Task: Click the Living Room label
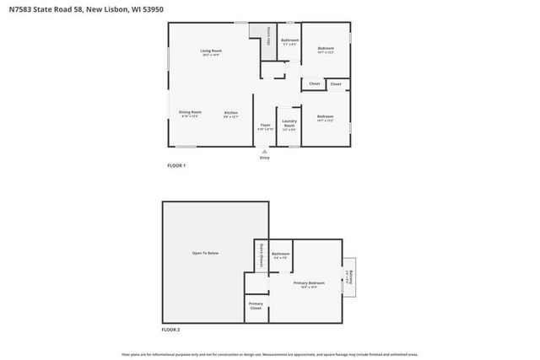(211, 53)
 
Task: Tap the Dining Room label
(190, 114)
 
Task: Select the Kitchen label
(230, 114)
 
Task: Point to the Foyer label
(265, 126)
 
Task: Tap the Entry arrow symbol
(264, 151)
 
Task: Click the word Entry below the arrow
(264, 158)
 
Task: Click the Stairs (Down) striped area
(261, 255)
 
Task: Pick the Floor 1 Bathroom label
(290, 41)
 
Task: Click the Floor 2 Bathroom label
(280, 255)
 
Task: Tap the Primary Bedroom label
(309, 284)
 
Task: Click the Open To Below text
(206, 254)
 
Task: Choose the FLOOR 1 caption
(175, 165)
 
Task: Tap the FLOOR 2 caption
(170, 329)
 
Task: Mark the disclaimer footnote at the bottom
(270, 355)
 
